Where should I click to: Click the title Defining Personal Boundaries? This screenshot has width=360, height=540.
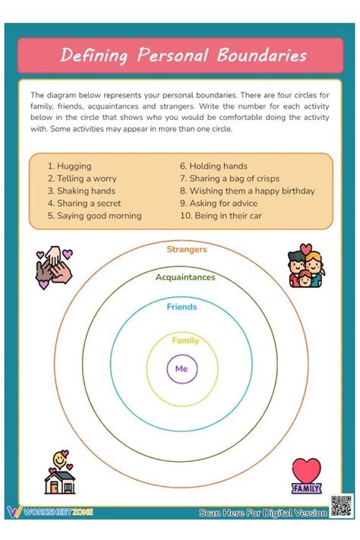(x=183, y=55)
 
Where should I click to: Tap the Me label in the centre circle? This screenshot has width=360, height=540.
(x=181, y=368)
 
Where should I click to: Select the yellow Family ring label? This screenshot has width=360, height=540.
(x=185, y=340)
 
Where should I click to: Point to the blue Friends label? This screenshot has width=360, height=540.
(x=182, y=307)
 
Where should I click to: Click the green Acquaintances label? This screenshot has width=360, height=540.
(x=185, y=277)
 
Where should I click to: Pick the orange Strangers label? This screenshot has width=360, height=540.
(x=186, y=249)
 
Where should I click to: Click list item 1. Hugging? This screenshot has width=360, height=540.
(x=69, y=166)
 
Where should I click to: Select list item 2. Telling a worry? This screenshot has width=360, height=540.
(x=81, y=178)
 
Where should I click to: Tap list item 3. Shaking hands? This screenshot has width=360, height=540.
(x=81, y=191)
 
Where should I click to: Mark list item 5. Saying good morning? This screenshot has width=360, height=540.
(x=94, y=216)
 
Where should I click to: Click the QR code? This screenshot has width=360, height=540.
(x=341, y=506)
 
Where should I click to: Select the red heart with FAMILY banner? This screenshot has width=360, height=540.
(x=306, y=476)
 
